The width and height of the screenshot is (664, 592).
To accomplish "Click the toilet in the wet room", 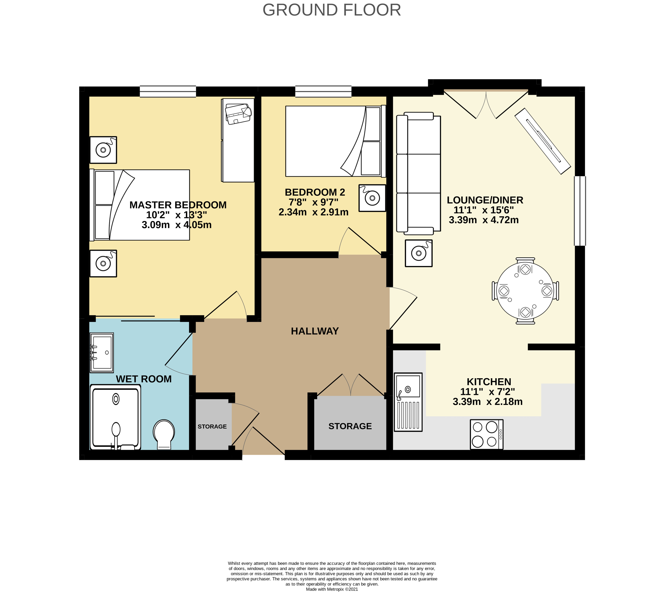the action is (x=164, y=434).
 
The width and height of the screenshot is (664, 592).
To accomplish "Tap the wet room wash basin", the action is (x=102, y=353).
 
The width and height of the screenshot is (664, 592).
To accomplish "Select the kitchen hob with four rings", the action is (x=487, y=434).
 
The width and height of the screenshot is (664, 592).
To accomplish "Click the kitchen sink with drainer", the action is (x=408, y=402).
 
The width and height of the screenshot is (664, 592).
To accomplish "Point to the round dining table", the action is (x=525, y=291).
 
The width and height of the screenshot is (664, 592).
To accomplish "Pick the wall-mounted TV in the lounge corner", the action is (x=542, y=141).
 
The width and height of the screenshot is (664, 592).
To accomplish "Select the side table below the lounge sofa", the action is (x=418, y=253).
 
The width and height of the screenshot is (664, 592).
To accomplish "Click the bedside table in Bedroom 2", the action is (x=372, y=198).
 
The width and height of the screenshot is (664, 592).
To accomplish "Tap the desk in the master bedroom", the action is (x=238, y=140).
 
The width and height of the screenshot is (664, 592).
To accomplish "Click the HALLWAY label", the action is (x=314, y=331).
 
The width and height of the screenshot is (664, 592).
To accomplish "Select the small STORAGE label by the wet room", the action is (x=212, y=427).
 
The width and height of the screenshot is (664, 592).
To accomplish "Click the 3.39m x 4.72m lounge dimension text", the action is (x=484, y=220).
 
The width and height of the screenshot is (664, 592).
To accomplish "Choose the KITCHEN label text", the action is (x=489, y=381).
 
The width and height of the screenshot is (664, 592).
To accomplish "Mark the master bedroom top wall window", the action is (x=168, y=91).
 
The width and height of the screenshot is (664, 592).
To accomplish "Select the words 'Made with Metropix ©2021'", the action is (x=332, y=589).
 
